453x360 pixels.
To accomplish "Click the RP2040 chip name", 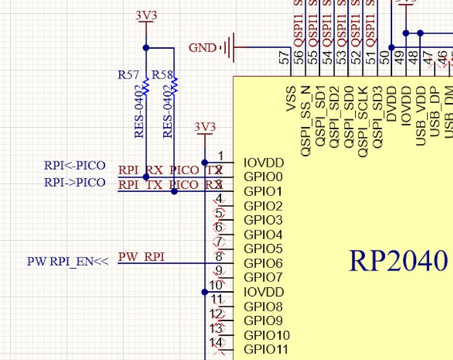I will click(399, 260).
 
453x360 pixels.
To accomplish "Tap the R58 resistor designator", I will click(163, 75).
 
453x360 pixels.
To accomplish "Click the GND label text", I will click(203, 47).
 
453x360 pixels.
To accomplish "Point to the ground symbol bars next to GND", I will click(227, 47).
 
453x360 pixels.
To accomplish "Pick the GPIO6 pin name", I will click(263, 263).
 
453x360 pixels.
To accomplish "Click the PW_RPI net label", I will click(141, 257).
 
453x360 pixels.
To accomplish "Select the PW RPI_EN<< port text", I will click(67, 262).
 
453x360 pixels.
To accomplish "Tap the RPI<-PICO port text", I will click(75, 165).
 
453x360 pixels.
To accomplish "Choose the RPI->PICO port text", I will click(75, 182).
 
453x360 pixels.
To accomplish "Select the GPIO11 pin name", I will click(266, 349).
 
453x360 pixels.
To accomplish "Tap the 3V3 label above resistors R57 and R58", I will click(146, 15).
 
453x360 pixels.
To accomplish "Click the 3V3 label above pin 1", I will click(205, 126).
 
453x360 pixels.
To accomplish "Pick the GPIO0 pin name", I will click(263, 177).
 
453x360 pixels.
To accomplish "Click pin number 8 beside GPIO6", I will click(220, 256).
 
